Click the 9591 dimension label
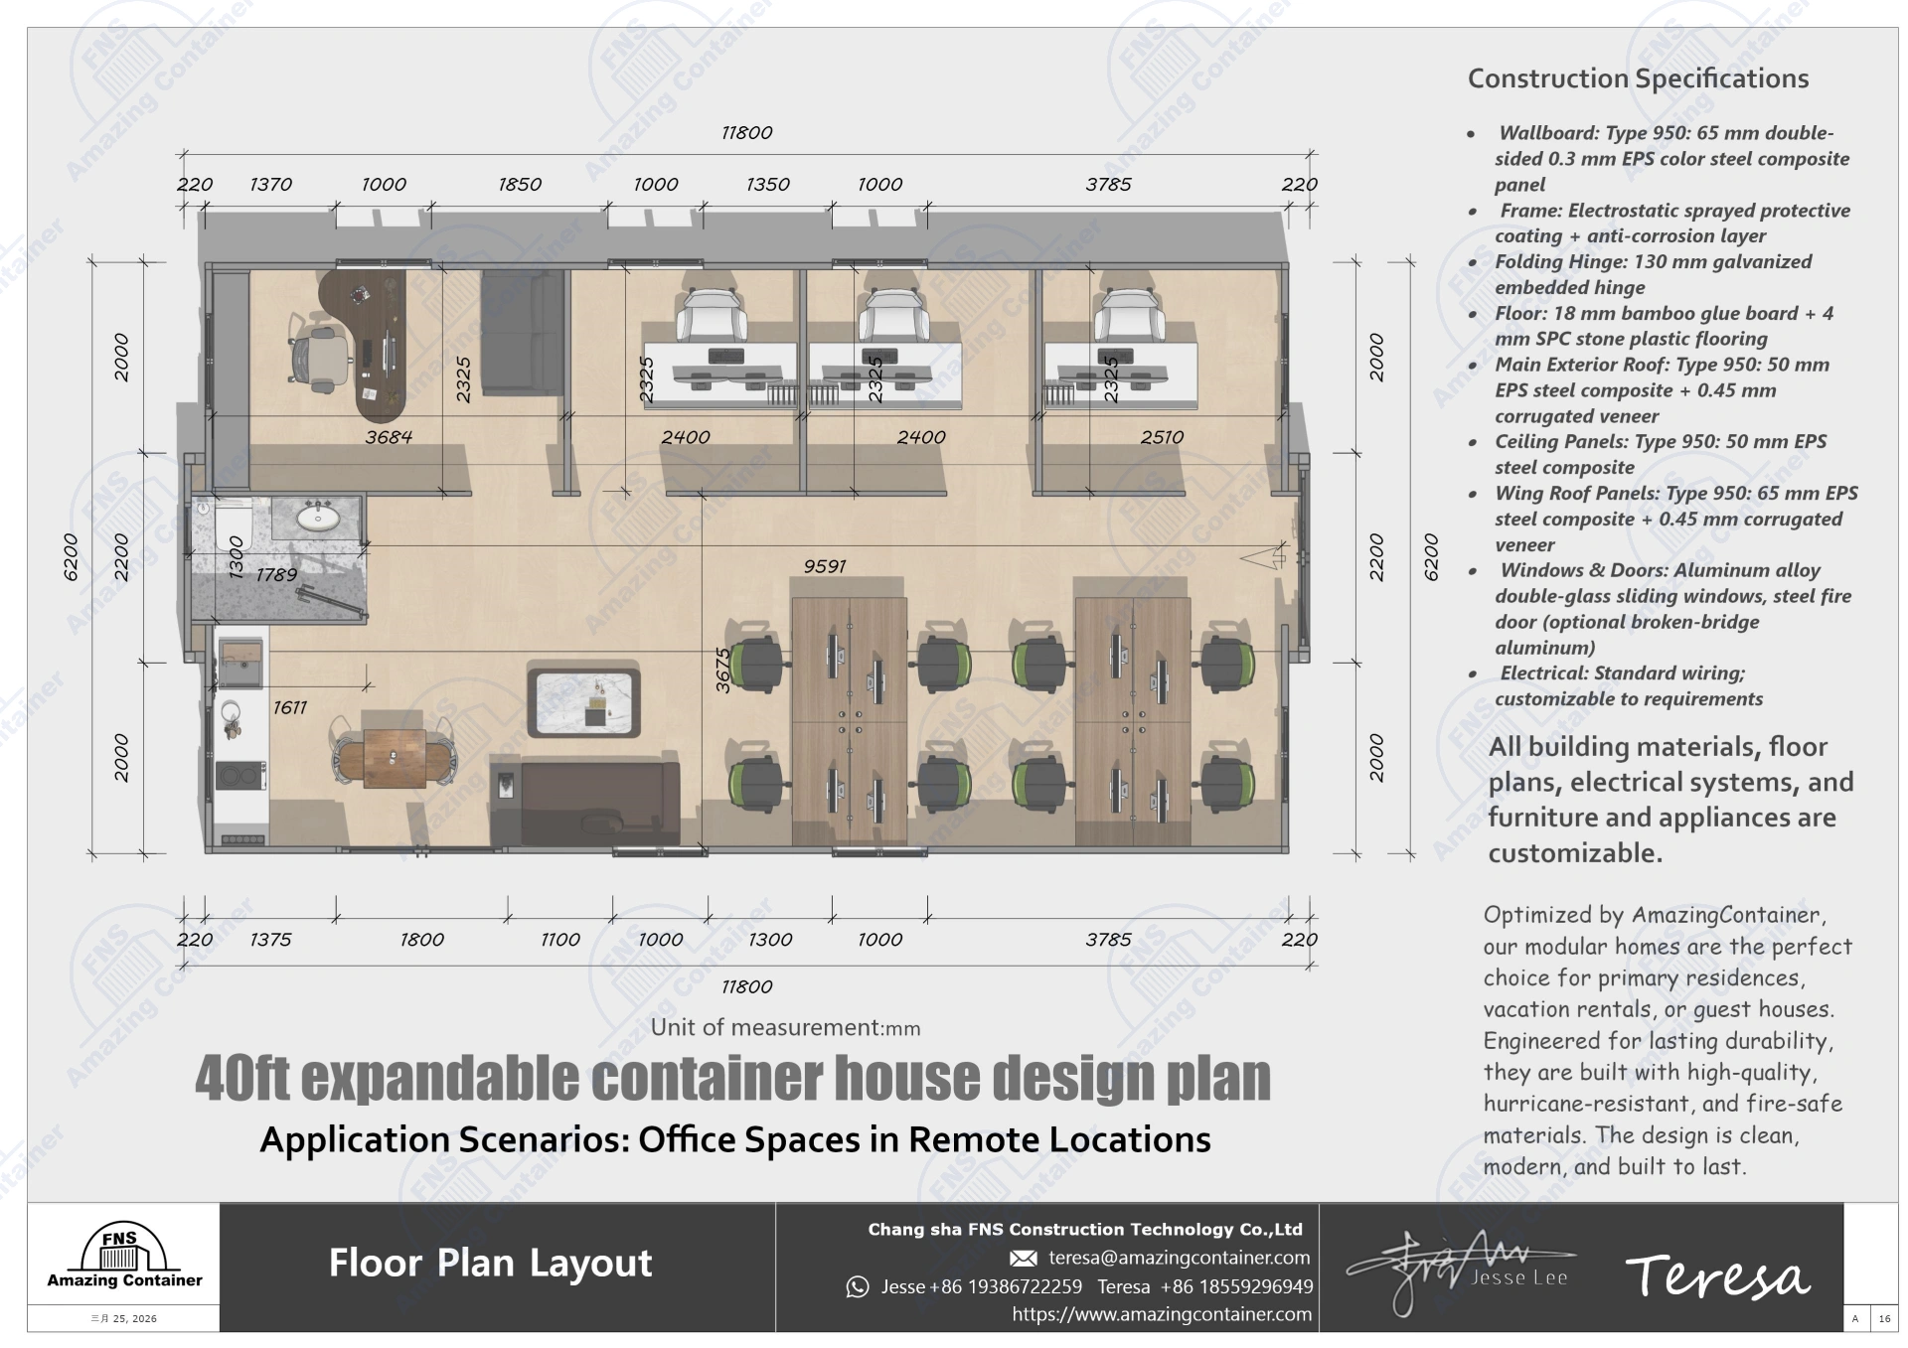coord(825,566)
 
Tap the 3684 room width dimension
coord(389,437)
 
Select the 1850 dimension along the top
coord(520,185)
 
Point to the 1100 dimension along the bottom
coord(560,940)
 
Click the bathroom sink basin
coord(318,518)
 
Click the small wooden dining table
coord(394,758)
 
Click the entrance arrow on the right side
coord(1263,559)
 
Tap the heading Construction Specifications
coord(1638,78)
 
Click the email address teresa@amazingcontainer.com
coord(1179,1258)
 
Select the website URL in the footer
coord(1162,1314)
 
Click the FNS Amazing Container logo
coord(124,1257)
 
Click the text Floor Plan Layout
coord(490,1264)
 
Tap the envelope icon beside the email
coord(1024,1259)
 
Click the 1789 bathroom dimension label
coord(276,575)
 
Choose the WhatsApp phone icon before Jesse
coord(857,1287)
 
